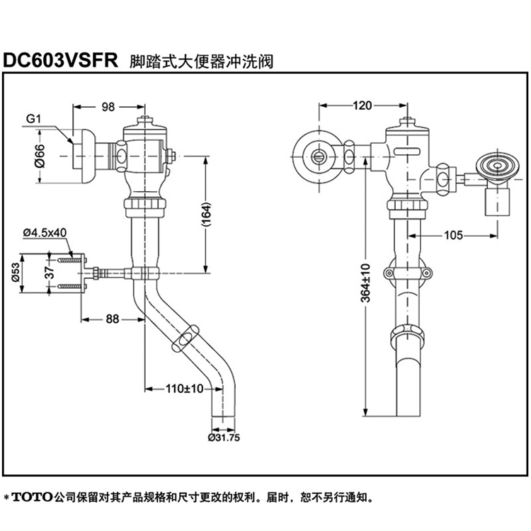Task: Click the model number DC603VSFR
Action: tap(59, 59)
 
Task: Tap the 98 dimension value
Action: tap(108, 107)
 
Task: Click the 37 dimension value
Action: tap(48, 273)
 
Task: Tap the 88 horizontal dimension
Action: tap(113, 319)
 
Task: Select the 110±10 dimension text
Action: tap(185, 388)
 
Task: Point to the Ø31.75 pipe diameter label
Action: tap(224, 437)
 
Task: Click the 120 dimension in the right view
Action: tap(361, 107)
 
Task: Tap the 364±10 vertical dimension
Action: tap(365, 283)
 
